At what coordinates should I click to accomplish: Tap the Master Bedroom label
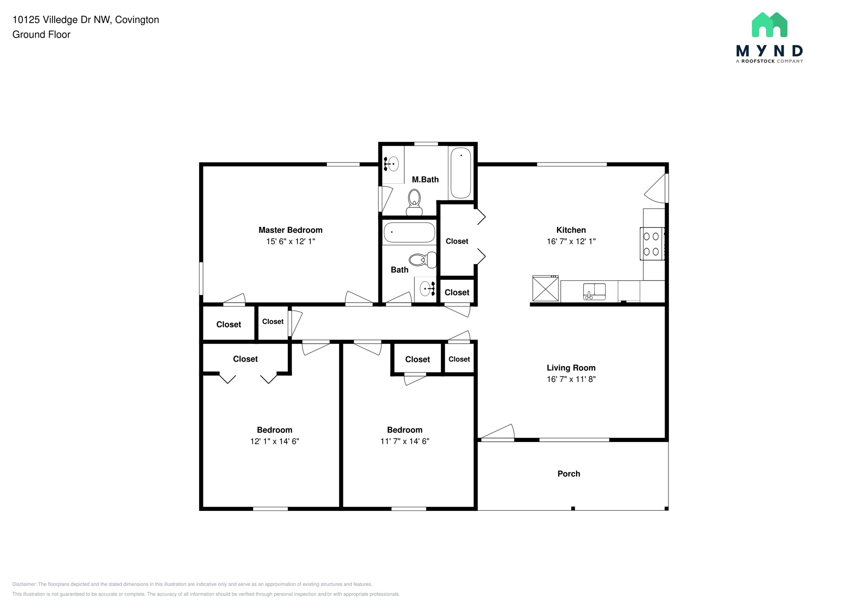[x=290, y=230]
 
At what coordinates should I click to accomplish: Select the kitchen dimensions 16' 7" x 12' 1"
[x=571, y=241]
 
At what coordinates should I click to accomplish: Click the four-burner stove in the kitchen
[x=651, y=243]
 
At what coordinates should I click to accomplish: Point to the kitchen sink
[x=594, y=291]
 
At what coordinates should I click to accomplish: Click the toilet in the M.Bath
[x=414, y=202]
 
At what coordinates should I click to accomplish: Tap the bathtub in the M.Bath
[x=460, y=173]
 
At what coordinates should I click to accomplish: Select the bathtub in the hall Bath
[x=409, y=232]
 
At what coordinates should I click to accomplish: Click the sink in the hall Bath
[x=426, y=289]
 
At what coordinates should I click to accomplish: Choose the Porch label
[x=568, y=474]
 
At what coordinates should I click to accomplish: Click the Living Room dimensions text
[x=571, y=379]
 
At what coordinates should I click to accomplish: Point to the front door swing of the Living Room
[x=498, y=432]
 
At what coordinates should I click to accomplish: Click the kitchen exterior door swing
[x=656, y=189]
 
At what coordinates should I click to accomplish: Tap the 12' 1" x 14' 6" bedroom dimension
[x=275, y=441]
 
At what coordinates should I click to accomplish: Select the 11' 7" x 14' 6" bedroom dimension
[x=405, y=441]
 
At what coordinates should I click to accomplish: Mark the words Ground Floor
[x=41, y=35]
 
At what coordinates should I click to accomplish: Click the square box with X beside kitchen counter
[x=545, y=289]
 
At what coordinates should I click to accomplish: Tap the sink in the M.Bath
[x=393, y=164]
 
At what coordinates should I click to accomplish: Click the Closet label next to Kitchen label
[x=457, y=241]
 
